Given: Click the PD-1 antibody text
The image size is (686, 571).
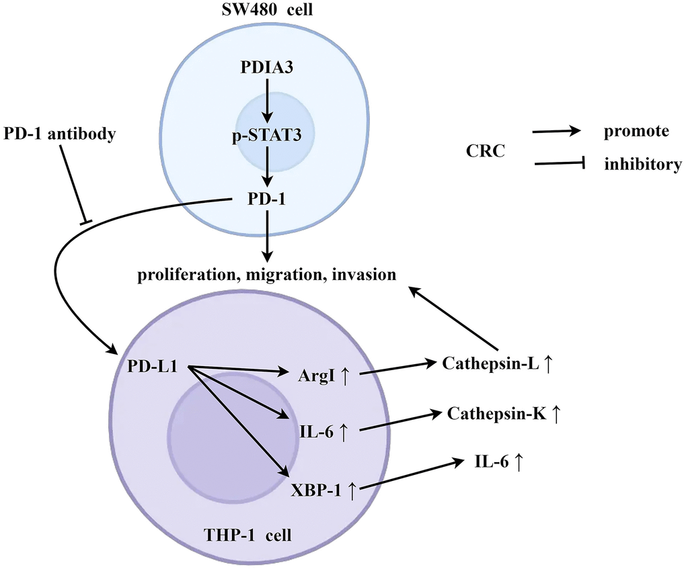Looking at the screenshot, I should click(59, 134).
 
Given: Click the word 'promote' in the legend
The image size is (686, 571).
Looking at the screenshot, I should click(636, 130).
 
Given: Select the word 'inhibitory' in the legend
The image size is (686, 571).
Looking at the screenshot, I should click(642, 163).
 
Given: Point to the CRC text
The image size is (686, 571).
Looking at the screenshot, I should click(485, 152).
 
